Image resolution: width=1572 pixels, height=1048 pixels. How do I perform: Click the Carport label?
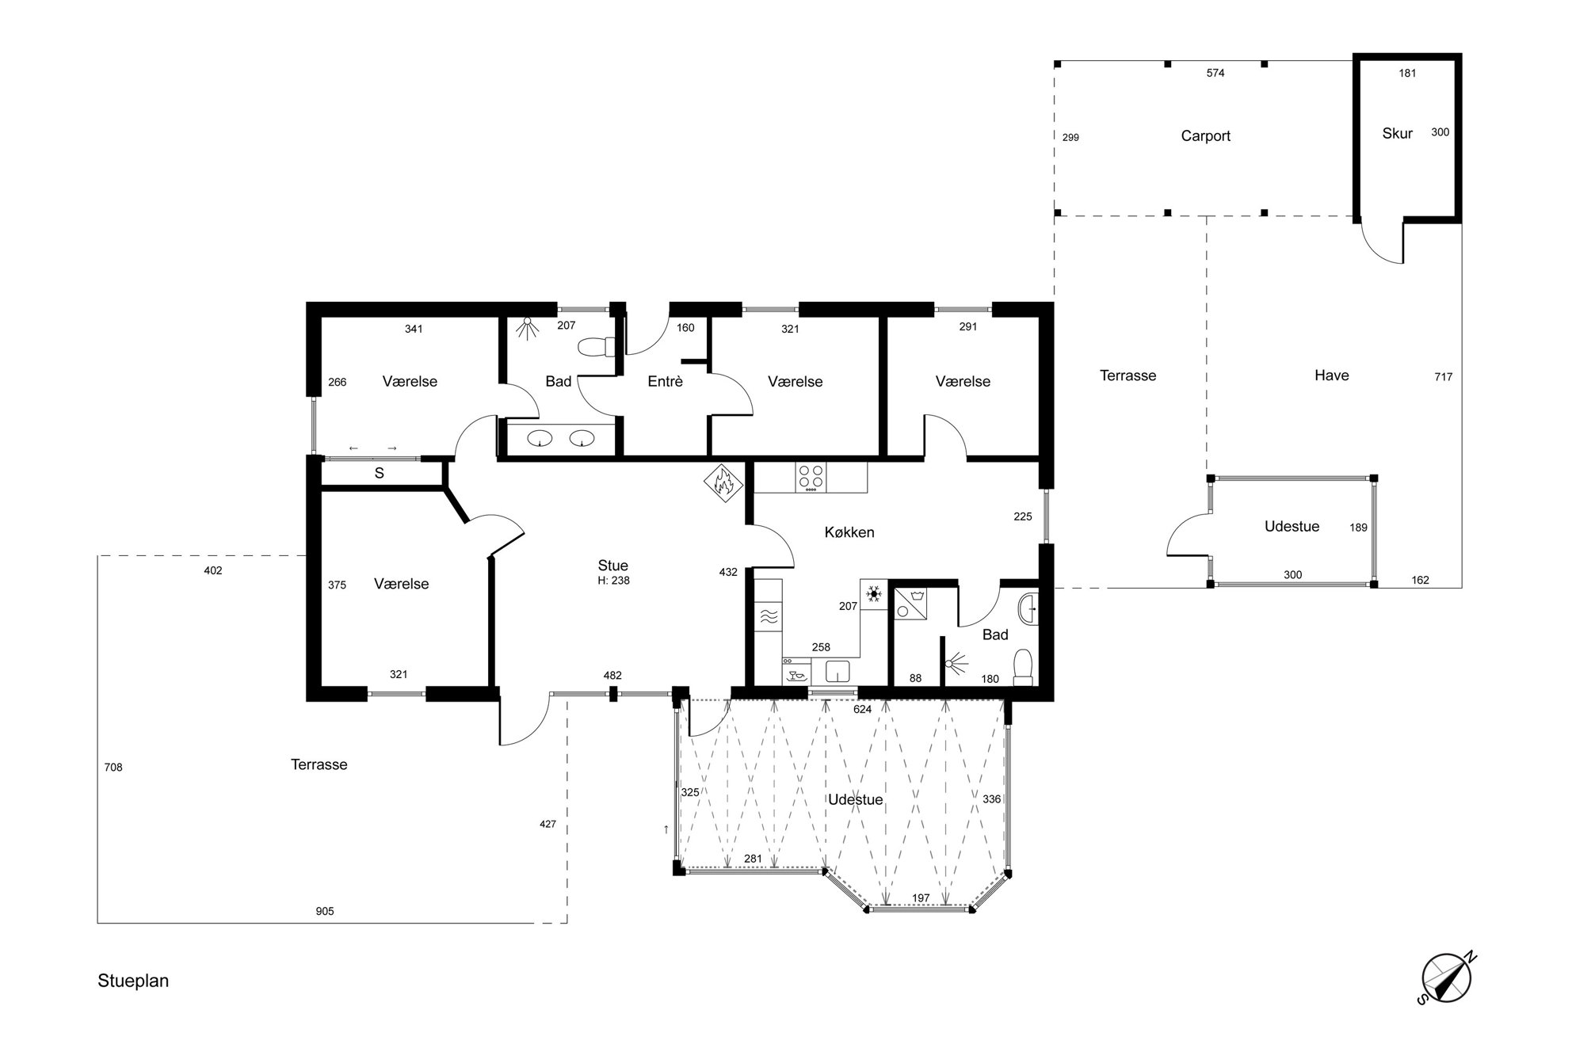point(1205,136)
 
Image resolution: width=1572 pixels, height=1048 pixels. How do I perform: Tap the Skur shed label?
point(1397,134)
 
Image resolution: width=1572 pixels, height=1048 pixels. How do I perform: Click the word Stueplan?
point(133,981)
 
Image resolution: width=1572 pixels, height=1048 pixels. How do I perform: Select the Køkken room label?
point(849,532)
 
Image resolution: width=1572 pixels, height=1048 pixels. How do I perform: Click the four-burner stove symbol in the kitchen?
point(811,478)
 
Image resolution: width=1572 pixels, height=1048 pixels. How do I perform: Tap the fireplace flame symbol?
point(723,483)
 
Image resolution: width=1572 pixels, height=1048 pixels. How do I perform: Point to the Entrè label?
point(665,382)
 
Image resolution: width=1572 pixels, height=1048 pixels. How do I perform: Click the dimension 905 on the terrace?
point(325,911)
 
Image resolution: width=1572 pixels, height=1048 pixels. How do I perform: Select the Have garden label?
point(1331,375)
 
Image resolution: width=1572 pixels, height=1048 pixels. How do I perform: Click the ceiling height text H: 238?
point(613,581)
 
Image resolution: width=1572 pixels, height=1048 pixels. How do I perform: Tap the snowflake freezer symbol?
point(874,594)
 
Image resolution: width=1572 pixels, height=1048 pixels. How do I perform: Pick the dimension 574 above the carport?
point(1215,73)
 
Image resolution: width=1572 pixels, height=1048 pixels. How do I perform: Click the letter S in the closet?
point(380,473)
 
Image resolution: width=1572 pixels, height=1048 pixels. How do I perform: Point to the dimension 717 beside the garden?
point(1443,377)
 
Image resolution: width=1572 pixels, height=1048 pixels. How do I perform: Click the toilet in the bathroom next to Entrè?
point(597,348)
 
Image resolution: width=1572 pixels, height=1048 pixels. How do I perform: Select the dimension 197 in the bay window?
point(920,898)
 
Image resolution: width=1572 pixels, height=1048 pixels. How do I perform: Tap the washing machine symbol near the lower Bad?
point(912,601)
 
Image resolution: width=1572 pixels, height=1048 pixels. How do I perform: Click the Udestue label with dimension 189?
point(1292,527)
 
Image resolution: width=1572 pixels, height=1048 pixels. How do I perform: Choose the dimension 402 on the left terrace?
point(212,570)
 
